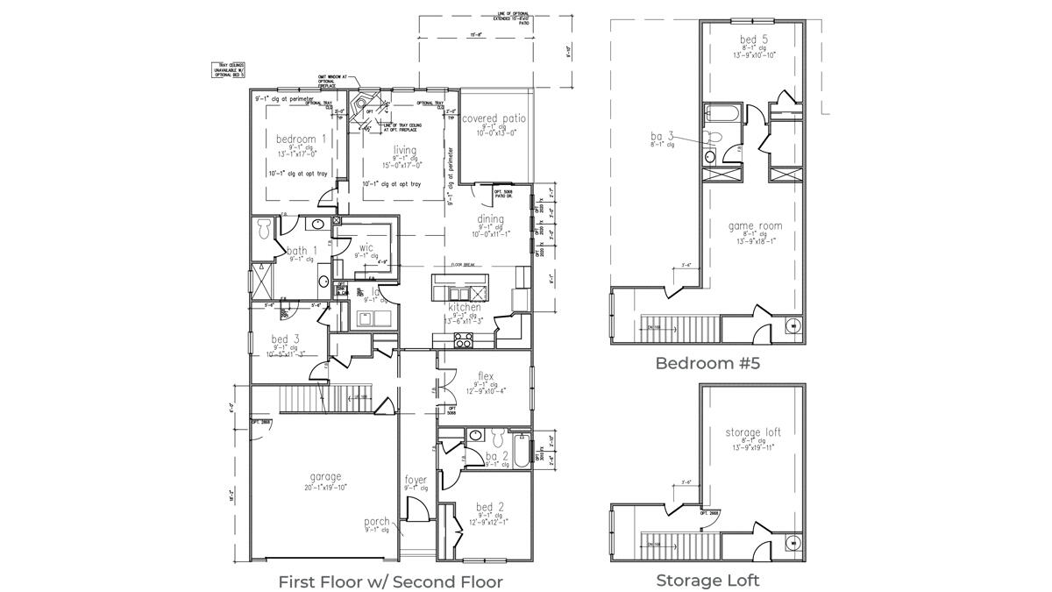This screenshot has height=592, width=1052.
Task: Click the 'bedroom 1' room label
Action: coord(301,139)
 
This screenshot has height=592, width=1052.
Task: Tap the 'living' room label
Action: coord(404,150)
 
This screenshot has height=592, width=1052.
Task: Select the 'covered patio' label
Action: coord(494,118)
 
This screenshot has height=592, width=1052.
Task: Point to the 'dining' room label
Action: coord(490,219)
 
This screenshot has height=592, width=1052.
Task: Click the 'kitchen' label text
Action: coord(464,308)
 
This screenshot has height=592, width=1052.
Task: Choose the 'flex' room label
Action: coord(485,376)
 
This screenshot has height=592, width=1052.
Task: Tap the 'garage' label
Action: coord(324,477)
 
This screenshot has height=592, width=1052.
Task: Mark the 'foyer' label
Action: coord(416,480)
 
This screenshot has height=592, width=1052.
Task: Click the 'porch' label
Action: coord(377,522)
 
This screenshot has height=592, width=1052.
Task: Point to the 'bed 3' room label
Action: coord(280,339)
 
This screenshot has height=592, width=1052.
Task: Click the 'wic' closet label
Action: coord(366,248)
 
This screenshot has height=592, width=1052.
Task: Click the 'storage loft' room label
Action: coord(753,432)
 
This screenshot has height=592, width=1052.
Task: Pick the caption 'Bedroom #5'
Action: coord(707,363)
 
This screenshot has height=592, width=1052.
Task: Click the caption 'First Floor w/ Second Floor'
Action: coord(390,581)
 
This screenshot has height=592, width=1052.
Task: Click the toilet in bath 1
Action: coord(263,230)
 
